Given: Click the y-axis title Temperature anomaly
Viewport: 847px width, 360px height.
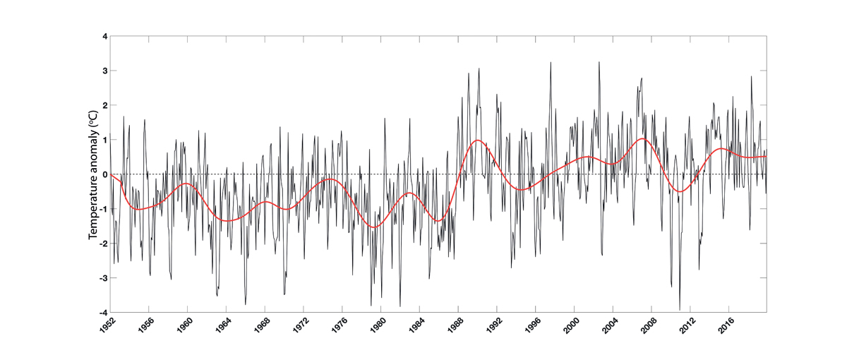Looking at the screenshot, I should (x=92, y=174).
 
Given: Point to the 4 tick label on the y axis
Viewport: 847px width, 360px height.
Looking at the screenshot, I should (x=104, y=36).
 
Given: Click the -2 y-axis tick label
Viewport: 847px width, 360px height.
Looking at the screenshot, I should (x=102, y=244).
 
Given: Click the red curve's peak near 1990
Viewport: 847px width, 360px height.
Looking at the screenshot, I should (x=479, y=140).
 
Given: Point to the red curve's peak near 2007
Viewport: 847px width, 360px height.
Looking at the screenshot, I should (x=642, y=138).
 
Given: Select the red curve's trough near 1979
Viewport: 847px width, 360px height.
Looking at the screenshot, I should (x=375, y=227).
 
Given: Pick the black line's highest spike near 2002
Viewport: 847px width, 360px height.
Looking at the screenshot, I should (x=599, y=62).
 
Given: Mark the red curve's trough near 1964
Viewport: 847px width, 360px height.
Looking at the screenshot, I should (x=229, y=221).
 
